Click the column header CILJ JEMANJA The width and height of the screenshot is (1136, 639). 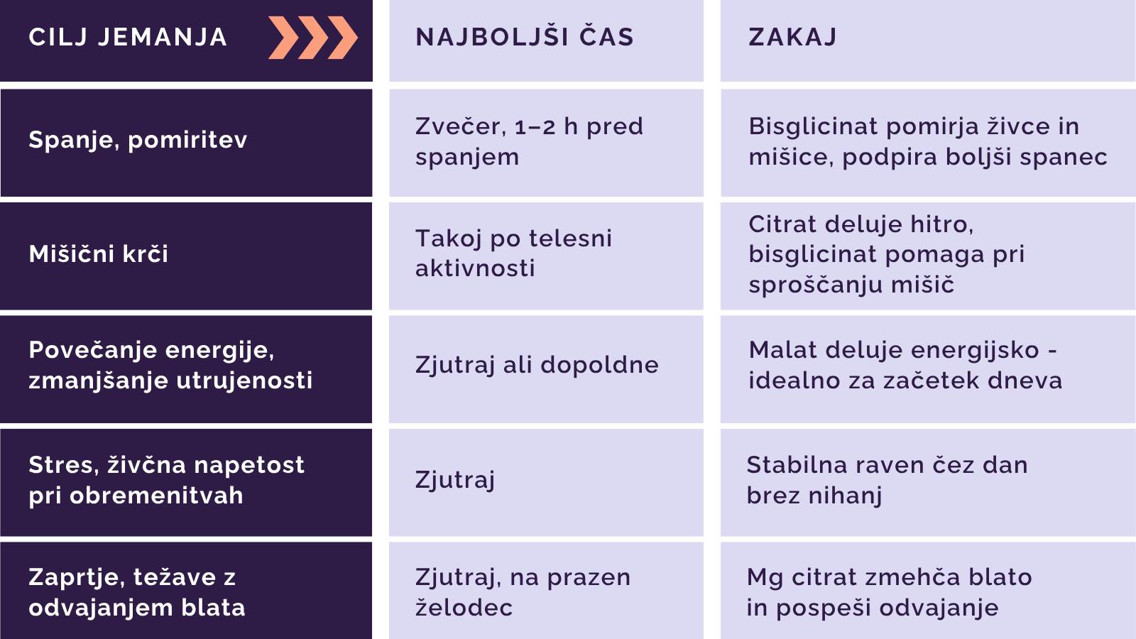[x=128, y=37]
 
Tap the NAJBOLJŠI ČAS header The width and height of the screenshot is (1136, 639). [x=525, y=36]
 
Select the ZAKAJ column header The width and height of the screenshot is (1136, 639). [x=792, y=37]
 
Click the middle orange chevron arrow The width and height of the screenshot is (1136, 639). [x=313, y=38]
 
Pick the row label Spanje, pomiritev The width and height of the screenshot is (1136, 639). [x=138, y=140]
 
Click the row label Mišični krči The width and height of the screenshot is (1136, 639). [x=99, y=253]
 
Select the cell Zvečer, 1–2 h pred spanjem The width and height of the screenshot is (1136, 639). [x=530, y=141]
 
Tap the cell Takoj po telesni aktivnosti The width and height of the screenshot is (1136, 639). [x=514, y=253]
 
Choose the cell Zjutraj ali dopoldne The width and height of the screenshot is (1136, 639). [x=537, y=365]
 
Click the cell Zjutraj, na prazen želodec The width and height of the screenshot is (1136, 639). [x=523, y=592]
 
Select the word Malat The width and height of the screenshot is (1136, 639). [x=782, y=350]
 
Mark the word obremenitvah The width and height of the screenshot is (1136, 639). [x=156, y=496]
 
